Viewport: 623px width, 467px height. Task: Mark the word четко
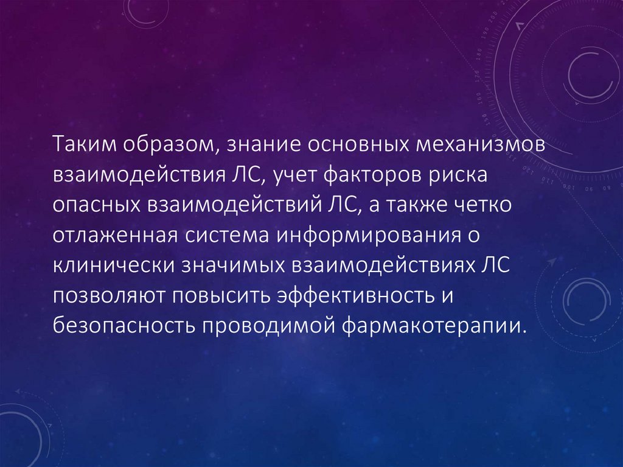(484, 205)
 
